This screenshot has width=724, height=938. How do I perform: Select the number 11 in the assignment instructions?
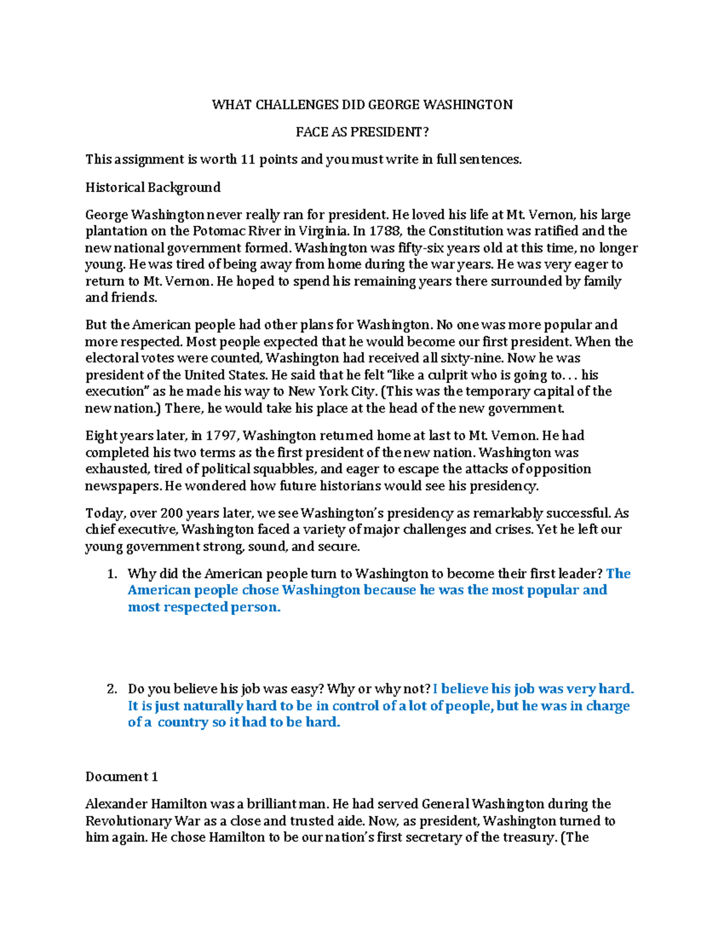(x=248, y=159)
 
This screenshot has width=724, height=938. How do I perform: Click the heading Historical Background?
(x=153, y=187)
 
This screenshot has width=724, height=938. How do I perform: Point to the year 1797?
(x=221, y=436)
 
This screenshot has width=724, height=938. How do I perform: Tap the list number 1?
(x=112, y=574)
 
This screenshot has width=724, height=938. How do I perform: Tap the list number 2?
(x=112, y=689)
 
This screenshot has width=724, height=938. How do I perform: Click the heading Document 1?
(x=117, y=777)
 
